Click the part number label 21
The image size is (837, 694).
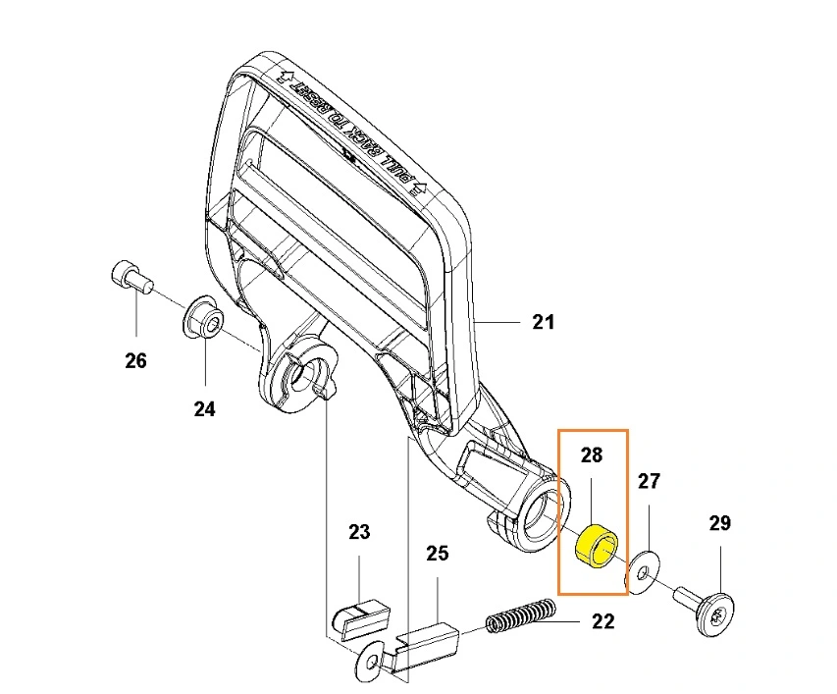543,321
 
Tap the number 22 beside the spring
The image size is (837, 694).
602,620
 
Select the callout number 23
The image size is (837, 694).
360,532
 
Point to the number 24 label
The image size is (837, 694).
203,409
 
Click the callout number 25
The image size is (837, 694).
437,554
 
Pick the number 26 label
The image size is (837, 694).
135,361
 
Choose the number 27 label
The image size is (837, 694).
649,481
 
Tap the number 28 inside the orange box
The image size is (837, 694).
592,455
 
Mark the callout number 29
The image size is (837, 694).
719,523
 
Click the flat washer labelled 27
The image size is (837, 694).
644,570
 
